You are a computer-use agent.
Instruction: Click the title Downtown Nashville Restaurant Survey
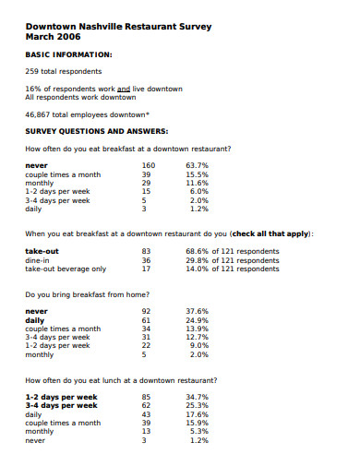[x=118, y=27]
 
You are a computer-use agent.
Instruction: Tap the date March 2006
[x=52, y=37]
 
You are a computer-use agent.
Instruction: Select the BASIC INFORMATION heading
[x=68, y=54]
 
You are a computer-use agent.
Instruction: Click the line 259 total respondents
[x=63, y=70]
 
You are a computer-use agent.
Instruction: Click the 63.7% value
[x=198, y=165]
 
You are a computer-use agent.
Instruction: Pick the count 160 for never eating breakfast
[x=148, y=165]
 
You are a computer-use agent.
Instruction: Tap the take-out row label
[x=42, y=251]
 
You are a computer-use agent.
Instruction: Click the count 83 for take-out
[x=146, y=251]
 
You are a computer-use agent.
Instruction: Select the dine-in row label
[x=39, y=260]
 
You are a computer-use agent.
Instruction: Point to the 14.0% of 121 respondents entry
[x=232, y=269]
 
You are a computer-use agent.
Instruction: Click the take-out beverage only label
[x=66, y=269]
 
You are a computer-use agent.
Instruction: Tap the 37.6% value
[x=198, y=312]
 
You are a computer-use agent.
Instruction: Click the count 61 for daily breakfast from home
[x=146, y=320]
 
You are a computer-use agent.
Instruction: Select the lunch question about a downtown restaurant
[x=122, y=380]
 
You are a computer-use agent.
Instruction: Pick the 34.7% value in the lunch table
[x=198, y=397]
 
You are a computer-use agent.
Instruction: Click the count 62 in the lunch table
[x=146, y=406]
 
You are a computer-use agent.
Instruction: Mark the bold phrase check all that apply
[x=270, y=233]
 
